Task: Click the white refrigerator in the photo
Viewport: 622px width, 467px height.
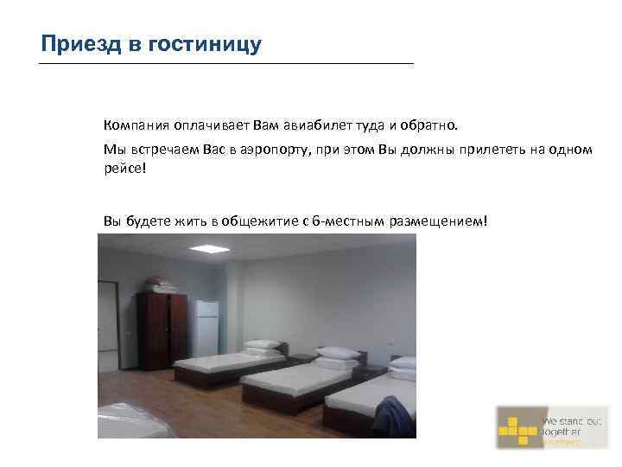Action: pos(207,324)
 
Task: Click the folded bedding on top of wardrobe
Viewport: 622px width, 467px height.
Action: pos(162,284)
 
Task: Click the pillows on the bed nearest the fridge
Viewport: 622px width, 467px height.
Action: pos(261,344)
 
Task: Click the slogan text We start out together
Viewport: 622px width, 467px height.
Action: pos(570,429)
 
